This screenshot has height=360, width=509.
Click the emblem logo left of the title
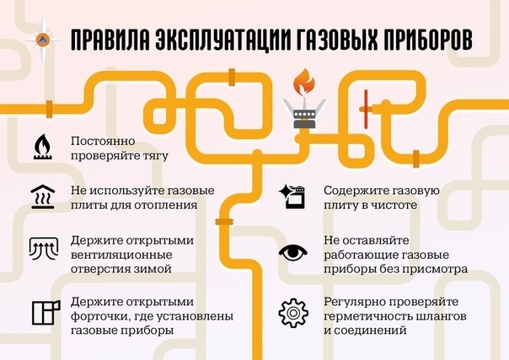44,41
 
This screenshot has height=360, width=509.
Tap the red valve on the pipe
364,106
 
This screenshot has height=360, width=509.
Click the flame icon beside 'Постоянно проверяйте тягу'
41,146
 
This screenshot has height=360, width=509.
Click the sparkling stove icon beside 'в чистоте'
292,196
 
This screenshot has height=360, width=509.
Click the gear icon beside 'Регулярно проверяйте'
292,313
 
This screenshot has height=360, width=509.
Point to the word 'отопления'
170,203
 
